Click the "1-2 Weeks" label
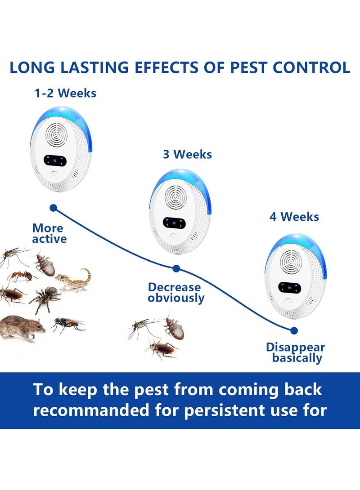(x=65, y=93)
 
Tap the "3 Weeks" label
(x=187, y=154)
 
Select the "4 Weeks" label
(x=294, y=217)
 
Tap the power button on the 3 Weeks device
(x=173, y=239)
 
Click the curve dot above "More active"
(x=54, y=208)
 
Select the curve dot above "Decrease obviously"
(x=176, y=269)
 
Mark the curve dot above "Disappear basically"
(x=294, y=330)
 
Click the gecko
(x=74, y=280)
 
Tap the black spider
(x=46, y=298)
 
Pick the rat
(x=22, y=328)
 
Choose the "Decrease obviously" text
(x=176, y=292)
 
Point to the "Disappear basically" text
(x=295, y=352)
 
